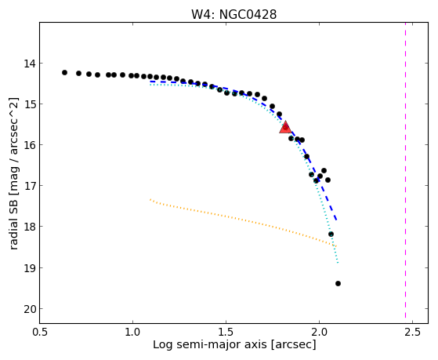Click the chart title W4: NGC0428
[233, 14]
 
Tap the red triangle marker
[285, 128]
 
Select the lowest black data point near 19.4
[338, 283]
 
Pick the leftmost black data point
[64, 72]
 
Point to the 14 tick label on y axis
[30, 64]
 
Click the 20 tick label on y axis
[30, 309]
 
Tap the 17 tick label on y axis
[30, 186]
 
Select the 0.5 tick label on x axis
[40, 333]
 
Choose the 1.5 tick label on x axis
[226, 333]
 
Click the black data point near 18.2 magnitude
[331, 235]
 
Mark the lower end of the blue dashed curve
[337, 220]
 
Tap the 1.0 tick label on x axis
[132, 333]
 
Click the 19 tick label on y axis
[30, 268]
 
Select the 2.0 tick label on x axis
[319, 333]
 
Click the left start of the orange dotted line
[150, 199]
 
